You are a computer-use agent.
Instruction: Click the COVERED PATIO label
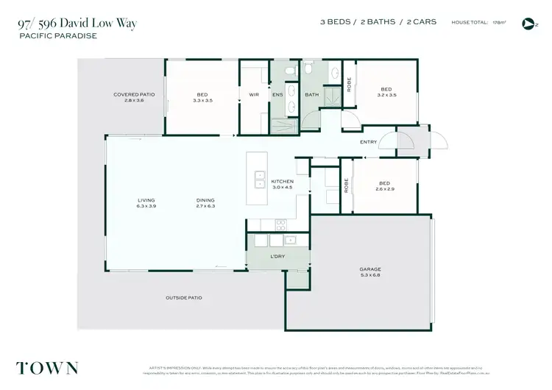[132, 94]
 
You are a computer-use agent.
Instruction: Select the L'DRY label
[277, 256]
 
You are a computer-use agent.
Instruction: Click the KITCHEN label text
[282, 181]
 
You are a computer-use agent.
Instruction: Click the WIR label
[254, 94]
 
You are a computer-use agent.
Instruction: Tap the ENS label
[277, 94]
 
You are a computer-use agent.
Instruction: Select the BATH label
[311, 94]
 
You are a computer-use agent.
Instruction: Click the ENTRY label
[368, 142]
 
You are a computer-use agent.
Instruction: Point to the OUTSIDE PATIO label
[184, 298]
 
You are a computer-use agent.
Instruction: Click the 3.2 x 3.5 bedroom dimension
[386, 95]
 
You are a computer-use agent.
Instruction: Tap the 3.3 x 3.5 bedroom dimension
[202, 99]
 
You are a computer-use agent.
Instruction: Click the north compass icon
[527, 24]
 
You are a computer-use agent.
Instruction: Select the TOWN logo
[46, 367]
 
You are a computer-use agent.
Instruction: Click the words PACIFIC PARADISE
[57, 35]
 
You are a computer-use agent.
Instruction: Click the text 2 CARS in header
[418, 22]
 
